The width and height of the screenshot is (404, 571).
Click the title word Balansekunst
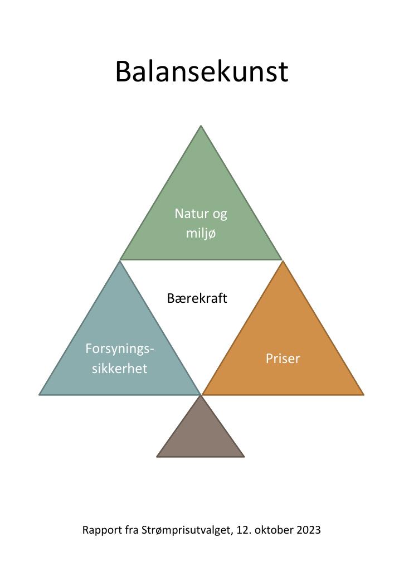coord(202,71)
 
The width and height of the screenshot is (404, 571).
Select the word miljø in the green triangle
coord(201,233)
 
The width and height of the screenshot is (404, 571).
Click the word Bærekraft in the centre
coord(197,298)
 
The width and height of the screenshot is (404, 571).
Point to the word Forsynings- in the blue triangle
coord(120,349)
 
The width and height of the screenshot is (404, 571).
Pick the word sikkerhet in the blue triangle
coord(119,368)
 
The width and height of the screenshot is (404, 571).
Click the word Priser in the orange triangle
coord(283,359)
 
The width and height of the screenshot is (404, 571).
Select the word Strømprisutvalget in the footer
coord(186,530)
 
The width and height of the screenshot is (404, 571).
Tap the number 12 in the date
coord(243,530)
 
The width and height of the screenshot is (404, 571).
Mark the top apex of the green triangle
coord(201,125)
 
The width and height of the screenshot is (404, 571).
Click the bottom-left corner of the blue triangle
coord(40,395)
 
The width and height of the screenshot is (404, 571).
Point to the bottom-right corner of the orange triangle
coord(363,395)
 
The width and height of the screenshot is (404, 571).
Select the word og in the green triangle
coord(220,215)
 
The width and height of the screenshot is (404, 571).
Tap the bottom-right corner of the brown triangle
coord(244,457)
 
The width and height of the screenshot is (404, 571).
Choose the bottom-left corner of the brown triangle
coord(157,457)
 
